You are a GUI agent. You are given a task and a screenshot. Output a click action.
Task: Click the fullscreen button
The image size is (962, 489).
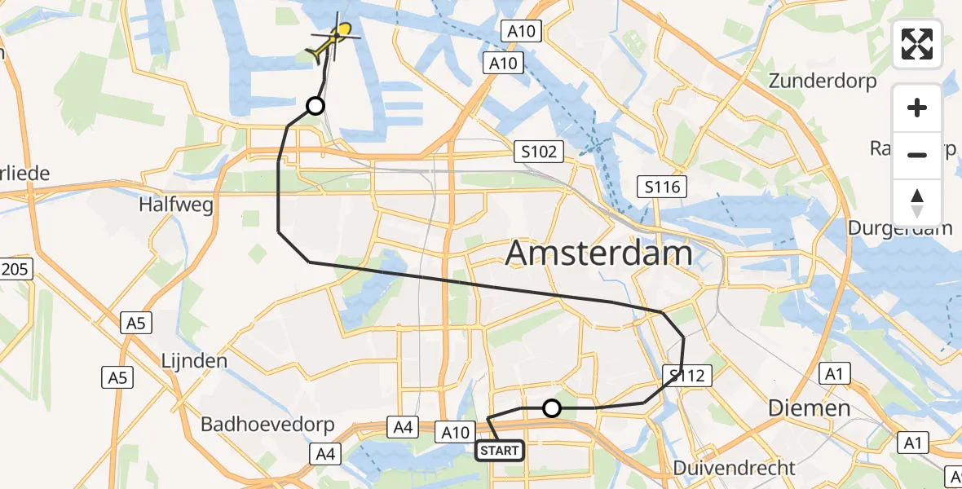pos(917,44)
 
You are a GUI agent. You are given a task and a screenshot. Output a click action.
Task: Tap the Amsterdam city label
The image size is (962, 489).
pos(599,253)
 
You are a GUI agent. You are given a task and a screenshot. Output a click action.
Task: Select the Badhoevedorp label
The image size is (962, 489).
pos(258,425)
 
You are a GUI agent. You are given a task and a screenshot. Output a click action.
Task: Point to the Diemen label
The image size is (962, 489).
pos(810,408)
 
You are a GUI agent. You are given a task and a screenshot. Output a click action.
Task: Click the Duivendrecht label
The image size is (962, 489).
pos(735,468)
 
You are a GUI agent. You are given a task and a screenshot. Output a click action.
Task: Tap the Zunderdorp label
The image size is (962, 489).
pos(823,81)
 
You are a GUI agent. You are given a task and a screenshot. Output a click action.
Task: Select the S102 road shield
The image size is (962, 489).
pos(540,151)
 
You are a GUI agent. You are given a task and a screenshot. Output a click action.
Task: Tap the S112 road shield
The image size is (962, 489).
pos(688,376)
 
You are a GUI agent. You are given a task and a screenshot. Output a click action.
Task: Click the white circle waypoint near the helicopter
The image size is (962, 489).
pos(315,105)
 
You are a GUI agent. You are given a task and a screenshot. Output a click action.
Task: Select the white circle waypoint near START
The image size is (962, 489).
pos(552,408)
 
